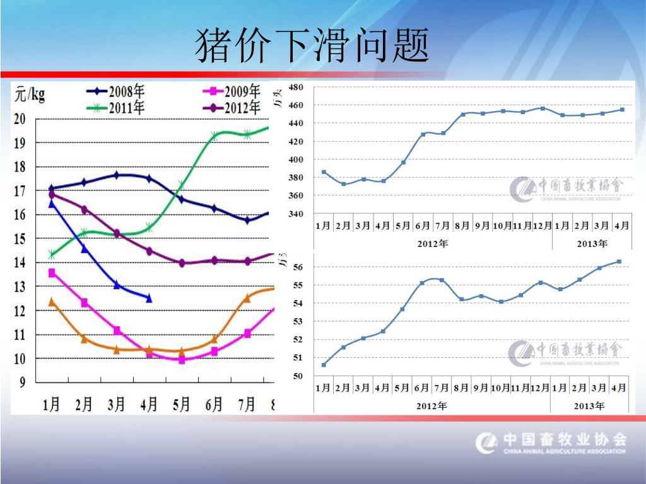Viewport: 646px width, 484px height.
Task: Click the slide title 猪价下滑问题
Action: (x=312, y=45)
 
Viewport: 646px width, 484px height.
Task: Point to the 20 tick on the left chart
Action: (x=20, y=119)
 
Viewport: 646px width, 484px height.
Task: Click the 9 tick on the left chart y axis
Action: (x=21, y=382)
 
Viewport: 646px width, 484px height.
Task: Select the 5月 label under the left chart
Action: (x=181, y=403)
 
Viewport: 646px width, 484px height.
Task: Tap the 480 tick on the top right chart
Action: (x=296, y=87)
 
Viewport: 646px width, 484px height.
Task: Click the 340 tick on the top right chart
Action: (x=296, y=214)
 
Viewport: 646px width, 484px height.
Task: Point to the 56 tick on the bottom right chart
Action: (x=298, y=267)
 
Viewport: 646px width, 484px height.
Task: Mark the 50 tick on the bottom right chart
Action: (x=298, y=376)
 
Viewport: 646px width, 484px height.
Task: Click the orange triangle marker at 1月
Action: (x=52, y=302)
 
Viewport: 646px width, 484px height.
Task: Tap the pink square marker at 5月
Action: (x=182, y=360)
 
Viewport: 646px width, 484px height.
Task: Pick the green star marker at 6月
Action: (x=214, y=135)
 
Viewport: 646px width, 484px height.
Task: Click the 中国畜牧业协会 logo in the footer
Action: (x=551, y=442)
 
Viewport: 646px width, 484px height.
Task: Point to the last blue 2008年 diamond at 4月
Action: (x=149, y=298)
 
